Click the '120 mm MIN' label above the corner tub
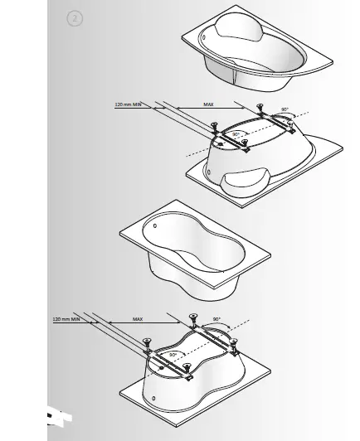[129, 104]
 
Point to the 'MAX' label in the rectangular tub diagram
[138, 318]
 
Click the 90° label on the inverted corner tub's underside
[236, 133]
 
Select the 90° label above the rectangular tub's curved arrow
[216, 319]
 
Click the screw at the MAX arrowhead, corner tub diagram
[260, 107]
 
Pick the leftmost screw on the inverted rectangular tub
[148, 340]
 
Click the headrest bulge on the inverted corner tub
[253, 175]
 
